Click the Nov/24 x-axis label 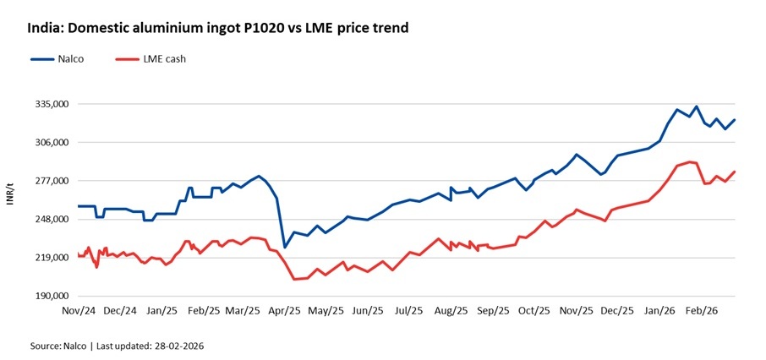[78, 311]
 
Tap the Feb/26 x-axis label [700, 311]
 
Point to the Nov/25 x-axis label [576, 311]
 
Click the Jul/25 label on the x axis [409, 311]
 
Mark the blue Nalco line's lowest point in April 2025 [285, 247]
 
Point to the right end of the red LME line [735, 172]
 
